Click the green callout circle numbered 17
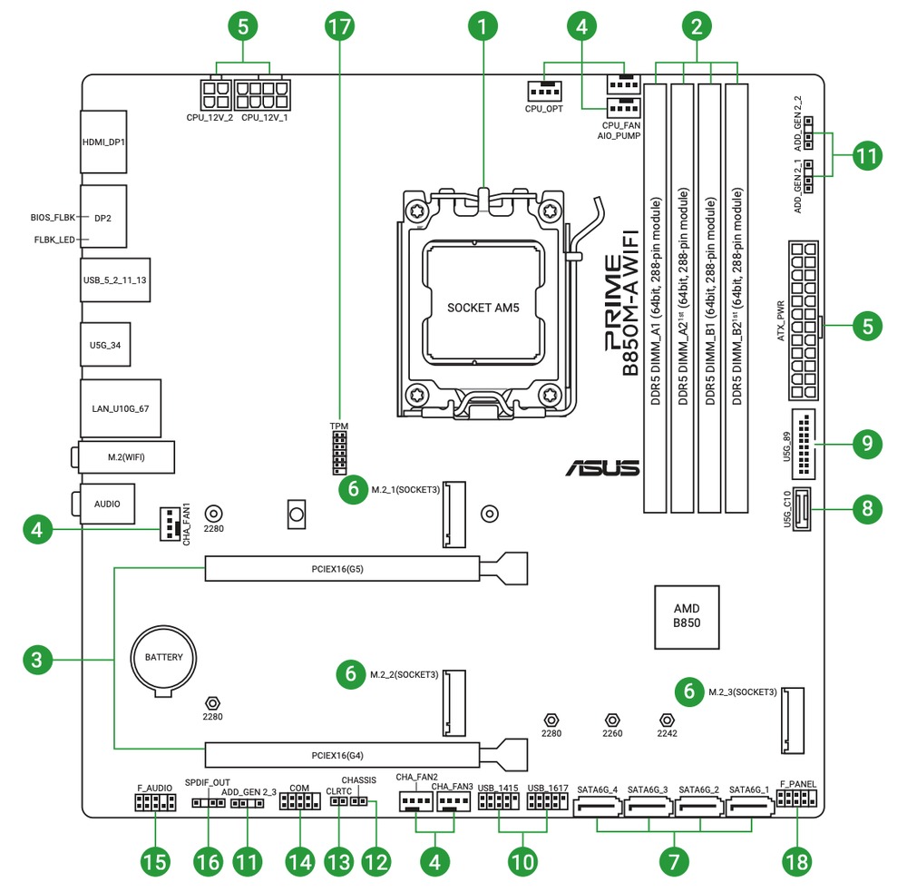coord(338,26)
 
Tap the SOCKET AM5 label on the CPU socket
coord(483,308)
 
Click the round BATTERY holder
coord(164,658)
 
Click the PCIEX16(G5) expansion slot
coord(343,569)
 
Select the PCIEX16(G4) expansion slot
coord(343,754)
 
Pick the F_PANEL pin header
coord(797,799)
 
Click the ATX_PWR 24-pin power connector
coord(803,320)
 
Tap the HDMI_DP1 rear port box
coord(102,142)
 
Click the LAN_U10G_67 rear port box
coord(120,408)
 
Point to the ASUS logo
coord(602,468)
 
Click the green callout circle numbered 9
coord(868,443)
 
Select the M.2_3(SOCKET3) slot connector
coord(792,720)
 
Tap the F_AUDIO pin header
coord(152,802)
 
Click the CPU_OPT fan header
coord(542,92)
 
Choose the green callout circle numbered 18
coord(798,861)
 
